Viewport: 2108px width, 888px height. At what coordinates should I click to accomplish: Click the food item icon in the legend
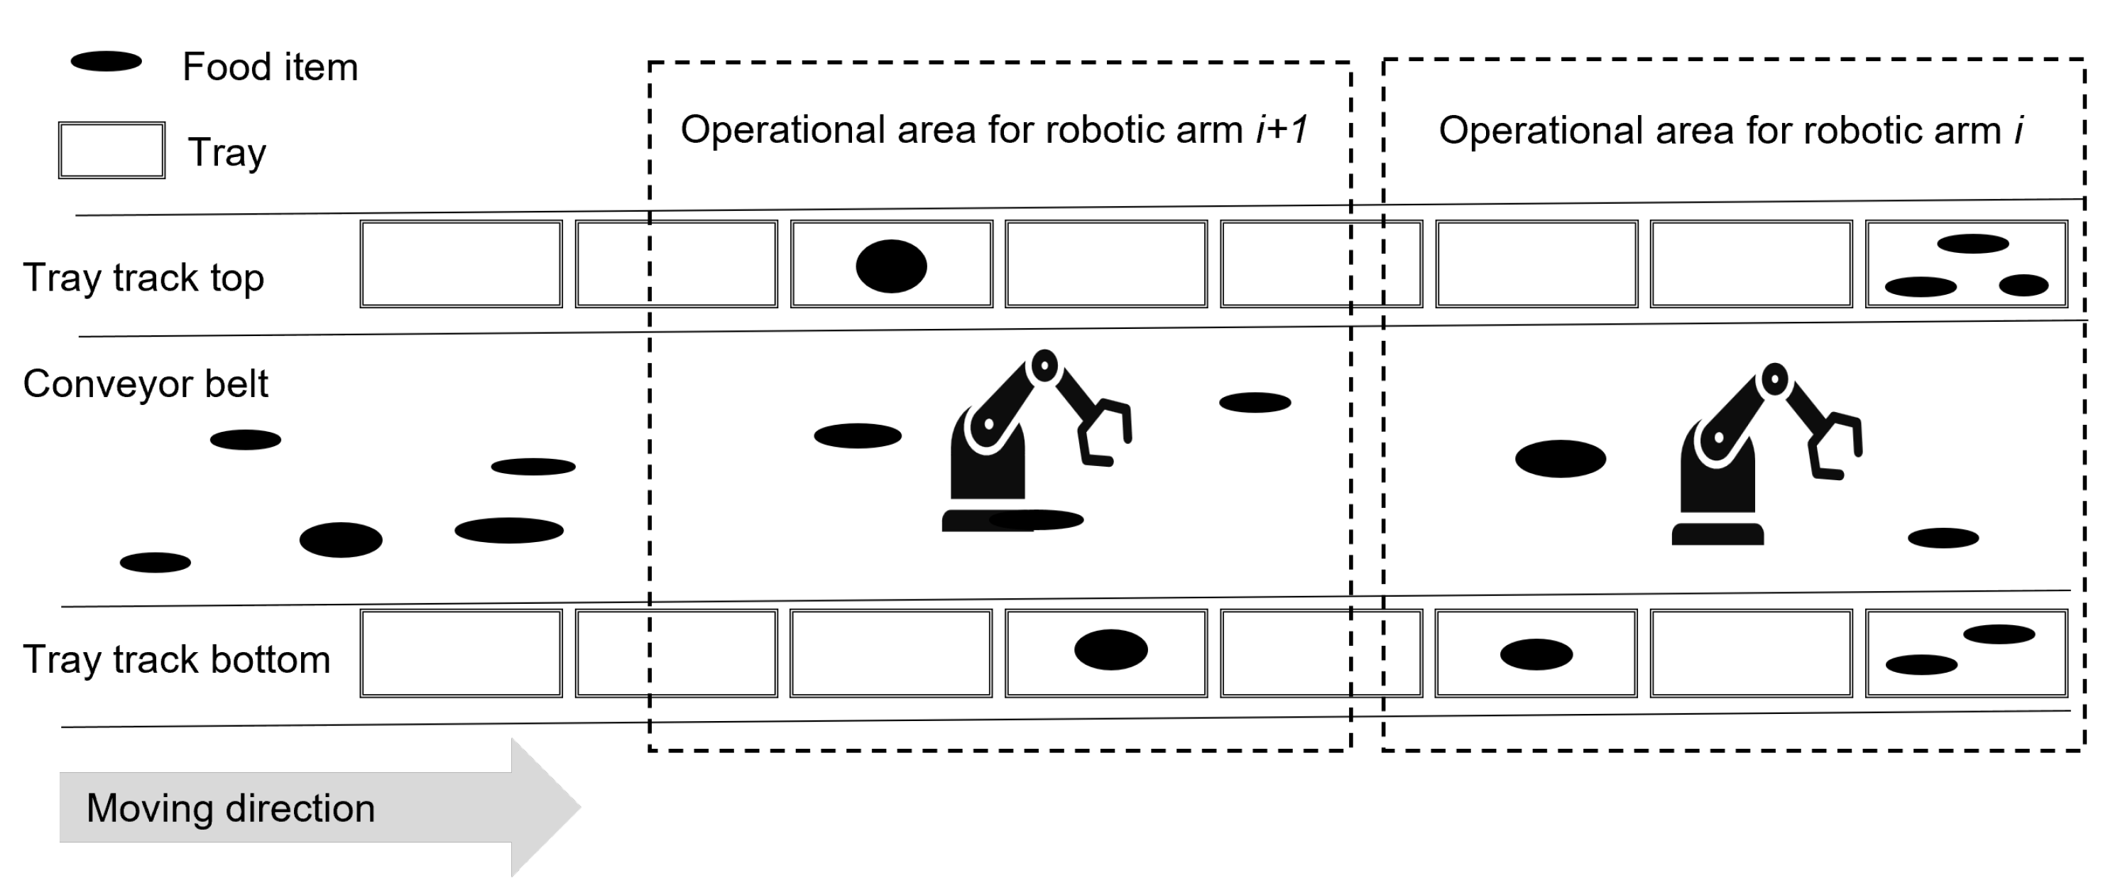pyautogui.click(x=107, y=61)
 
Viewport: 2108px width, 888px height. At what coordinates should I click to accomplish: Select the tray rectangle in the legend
pyautogui.click(x=111, y=151)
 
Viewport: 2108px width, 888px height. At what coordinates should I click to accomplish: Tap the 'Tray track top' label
pyautogui.click(x=143, y=278)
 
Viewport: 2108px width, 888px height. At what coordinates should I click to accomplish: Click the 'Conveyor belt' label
pyautogui.click(x=146, y=383)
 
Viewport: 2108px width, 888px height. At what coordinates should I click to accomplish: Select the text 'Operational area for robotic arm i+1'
pyautogui.click(x=993, y=129)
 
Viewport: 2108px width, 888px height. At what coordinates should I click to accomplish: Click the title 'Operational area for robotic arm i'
pyautogui.click(x=1730, y=131)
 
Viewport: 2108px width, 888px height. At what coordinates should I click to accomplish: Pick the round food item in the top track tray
pyautogui.click(x=891, y=266)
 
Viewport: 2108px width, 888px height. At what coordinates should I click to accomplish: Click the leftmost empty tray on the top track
pyautogui.click(x=461, y=264)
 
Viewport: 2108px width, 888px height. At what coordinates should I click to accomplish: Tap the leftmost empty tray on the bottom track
pyautogui.click(x=461, y=653)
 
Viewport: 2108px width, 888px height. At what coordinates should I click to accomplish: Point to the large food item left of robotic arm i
pyautogui.click(x=1560, y=458)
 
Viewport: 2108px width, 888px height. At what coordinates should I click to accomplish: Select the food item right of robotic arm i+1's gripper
pyautogui.click(x=1255, y=403)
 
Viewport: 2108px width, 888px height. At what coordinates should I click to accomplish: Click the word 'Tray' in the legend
pyautogui.click(x=226, y=153)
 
